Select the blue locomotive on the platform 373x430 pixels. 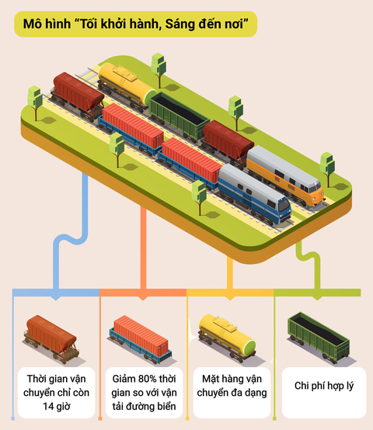(x=254, y=195)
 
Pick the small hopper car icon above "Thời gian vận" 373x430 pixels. (x=51, y=338)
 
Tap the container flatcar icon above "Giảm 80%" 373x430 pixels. (x=141, y=339)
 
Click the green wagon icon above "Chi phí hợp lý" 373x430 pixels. (x=319, y=338)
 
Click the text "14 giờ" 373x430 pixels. (x=56, y=406)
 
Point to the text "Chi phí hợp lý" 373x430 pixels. (x=324, y=386)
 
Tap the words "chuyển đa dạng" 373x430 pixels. (x=232, y=393)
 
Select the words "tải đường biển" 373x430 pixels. (x=144, y=407)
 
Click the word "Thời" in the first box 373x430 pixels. (x=37, y=379)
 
